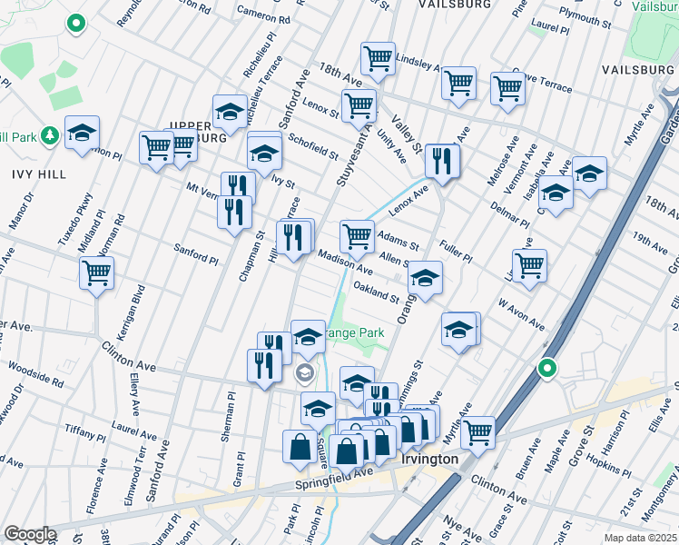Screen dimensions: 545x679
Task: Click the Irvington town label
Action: pyautogui.click(x=430, y=459)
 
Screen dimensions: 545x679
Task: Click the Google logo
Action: pyautogui.click(x=30, y=533)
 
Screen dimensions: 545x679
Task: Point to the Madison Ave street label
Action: pyautogui.click(x=345, y=263)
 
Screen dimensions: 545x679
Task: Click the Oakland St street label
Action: pyautogui.click(x=377, y=293)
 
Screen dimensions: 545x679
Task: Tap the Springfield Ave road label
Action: pyautogui.click(x=335, y=479)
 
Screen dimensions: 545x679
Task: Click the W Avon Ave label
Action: pyautogui.click(x=519, y=313)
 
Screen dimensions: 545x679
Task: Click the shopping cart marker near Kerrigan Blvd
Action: pyautogui.click(x=96, y=271)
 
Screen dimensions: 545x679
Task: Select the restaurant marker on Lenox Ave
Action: pyautogui.click(x=442, y=161)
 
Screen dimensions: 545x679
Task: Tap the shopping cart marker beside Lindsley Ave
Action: pyautogui.click(x=378, y=59)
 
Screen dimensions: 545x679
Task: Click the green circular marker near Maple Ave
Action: pyautogui.click(x=546, y=368)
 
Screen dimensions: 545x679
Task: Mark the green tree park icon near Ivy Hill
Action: pyautogui.click(x=51, y=136)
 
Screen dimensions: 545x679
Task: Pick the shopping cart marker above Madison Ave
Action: pyautogui.click(x=357, y=236)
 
